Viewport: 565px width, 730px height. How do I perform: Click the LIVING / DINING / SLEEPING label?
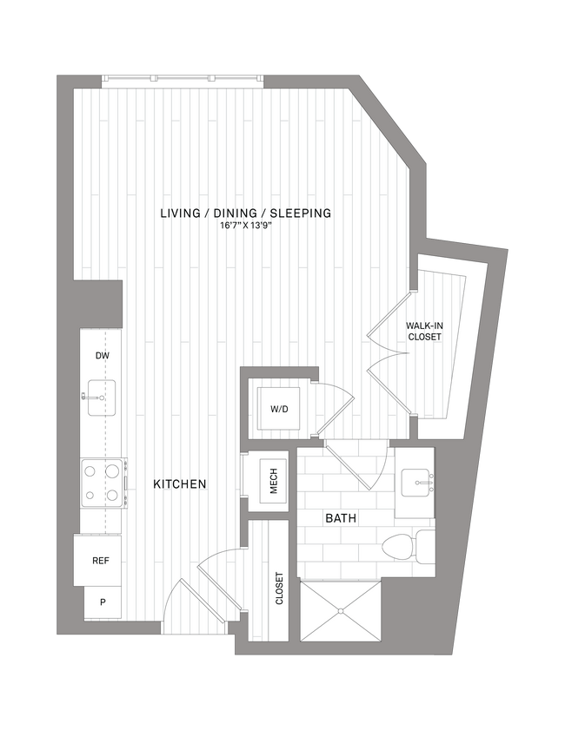[x=246, y=213]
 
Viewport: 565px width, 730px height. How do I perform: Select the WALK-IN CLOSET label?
[x=424, y=331]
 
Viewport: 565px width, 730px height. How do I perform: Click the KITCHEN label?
[x=180, y=483]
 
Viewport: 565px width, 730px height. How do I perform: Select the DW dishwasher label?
[x=102, y=356]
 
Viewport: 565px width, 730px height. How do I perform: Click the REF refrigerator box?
[x=101, y=561]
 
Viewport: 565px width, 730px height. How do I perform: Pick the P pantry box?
[x=102, y=602]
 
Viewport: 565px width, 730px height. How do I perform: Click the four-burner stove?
[x=101, y=483]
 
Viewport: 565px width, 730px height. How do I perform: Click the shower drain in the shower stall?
[x=341, y=611]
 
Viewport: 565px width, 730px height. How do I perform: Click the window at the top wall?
[x=183, y=79]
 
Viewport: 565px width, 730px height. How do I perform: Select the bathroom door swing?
[x=361, y=464]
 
